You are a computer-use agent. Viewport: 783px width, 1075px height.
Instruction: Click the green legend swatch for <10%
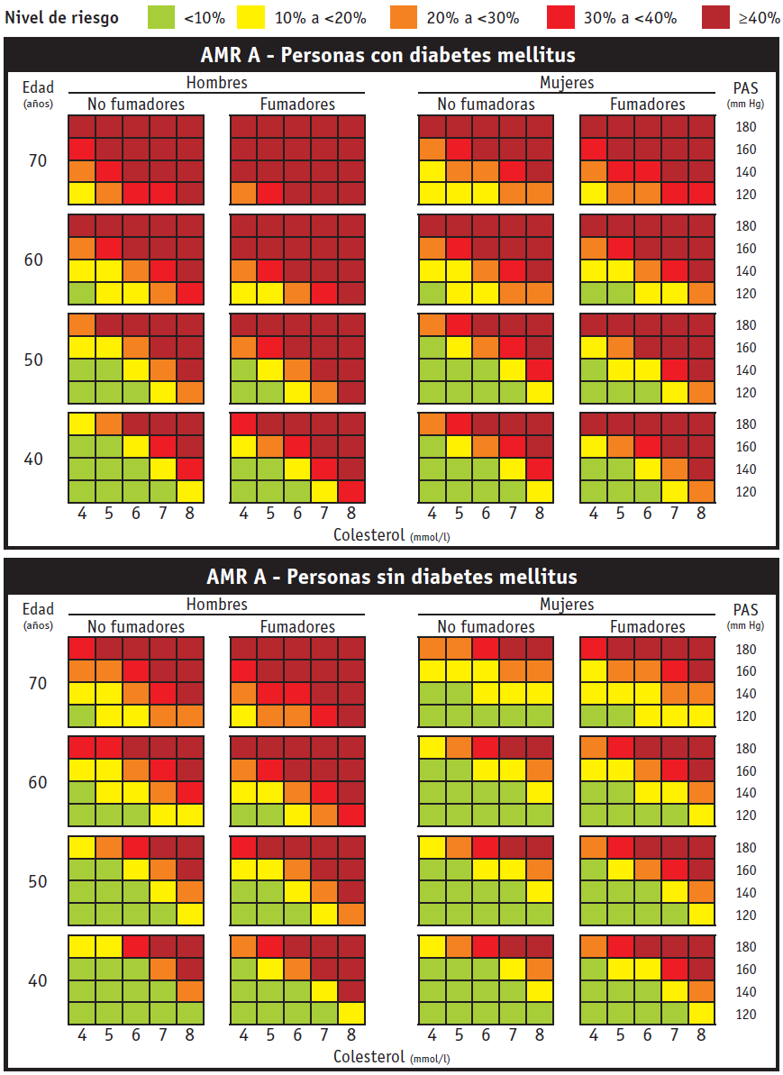tap(159, 17)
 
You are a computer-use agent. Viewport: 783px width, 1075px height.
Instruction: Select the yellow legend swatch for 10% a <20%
tap(253, 17)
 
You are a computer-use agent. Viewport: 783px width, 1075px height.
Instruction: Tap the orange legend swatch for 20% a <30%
tap(405, 17)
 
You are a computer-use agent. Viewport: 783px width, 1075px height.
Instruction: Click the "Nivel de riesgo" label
tap(62, 18)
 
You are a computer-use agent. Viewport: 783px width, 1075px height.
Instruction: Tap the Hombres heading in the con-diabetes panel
tap(216, 83)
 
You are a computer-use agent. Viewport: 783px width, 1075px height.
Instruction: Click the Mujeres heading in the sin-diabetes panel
tap(567, 605)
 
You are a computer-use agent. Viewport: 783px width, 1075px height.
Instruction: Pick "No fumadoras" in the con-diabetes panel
tap(486, 105)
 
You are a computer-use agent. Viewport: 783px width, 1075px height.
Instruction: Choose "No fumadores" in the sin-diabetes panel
tap(136, 627)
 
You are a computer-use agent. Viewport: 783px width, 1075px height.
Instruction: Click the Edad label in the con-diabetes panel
tap(39, 87)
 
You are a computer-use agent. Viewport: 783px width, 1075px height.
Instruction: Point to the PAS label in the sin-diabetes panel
tap(745, 609)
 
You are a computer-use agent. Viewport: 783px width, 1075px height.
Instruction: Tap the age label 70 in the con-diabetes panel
tap(36, 161)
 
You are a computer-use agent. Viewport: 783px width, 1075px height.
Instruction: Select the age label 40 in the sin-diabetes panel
tap(37, 980)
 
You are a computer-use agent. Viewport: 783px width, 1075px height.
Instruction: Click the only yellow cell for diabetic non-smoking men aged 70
tap(82, 193)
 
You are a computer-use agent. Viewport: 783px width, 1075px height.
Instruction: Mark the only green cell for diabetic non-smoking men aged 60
tap(82, 293)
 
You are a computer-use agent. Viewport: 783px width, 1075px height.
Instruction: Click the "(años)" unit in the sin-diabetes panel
tap(39, 624)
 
